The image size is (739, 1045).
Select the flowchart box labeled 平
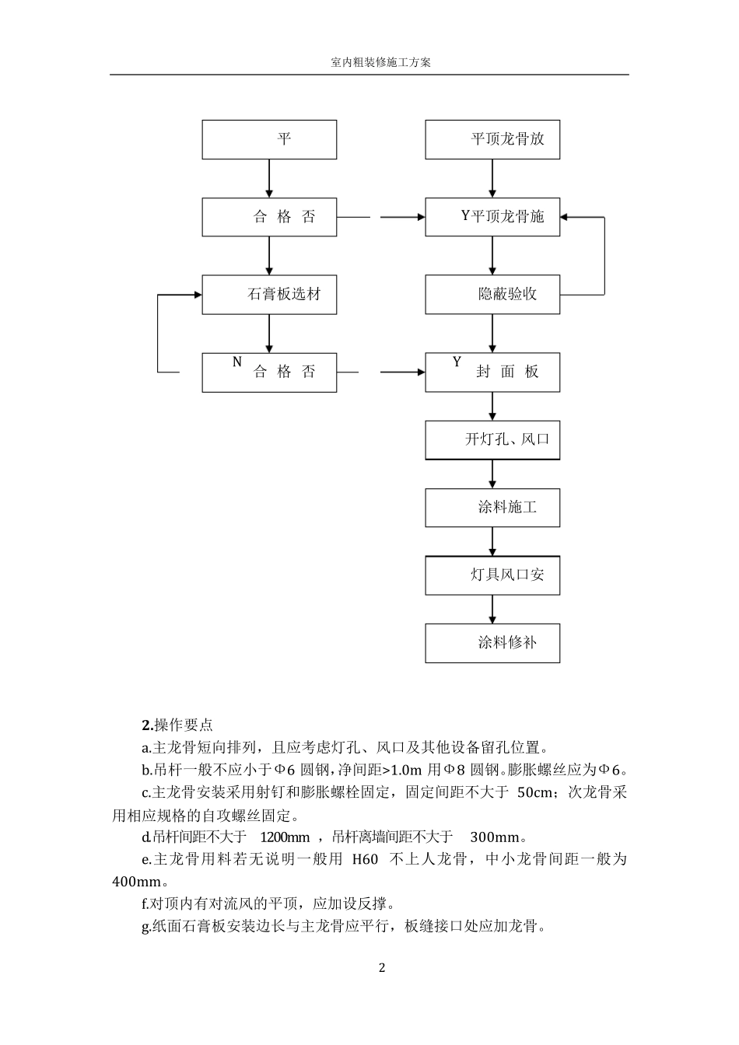coord(269,140)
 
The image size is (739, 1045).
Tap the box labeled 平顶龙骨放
coord(492,140)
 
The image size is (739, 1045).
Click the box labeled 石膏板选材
coord(269,295)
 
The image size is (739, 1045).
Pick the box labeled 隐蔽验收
coord(492,295)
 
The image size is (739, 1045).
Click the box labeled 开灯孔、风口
coord(492,439)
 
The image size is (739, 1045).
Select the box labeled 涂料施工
coord(492,508)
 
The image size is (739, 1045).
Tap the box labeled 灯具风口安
coord(492,576)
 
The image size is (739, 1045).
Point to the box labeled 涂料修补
coord(492,643)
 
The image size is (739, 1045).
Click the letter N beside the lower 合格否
coord(237,362)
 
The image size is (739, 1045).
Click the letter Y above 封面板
coord(457,362)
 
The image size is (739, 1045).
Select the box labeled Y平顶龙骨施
coord(492,217)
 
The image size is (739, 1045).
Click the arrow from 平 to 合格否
coord(269,179)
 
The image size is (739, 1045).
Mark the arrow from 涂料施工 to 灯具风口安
coord(492,541)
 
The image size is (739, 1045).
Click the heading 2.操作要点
coord(177,725)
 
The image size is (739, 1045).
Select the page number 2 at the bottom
coord(381,968)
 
